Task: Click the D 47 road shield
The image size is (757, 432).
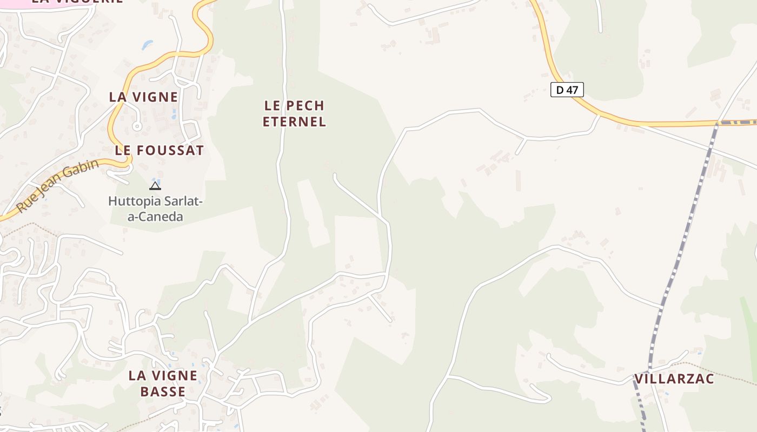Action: [567, 90]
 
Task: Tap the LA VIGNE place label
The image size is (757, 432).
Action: [143, 97]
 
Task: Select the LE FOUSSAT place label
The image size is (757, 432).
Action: [160, 151]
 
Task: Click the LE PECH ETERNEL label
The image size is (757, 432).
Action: [294, 113]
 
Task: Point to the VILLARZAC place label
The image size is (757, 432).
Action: [674, 379]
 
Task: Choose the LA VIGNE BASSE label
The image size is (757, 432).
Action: [163, 383]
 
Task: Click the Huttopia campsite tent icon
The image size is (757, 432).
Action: [155, 186]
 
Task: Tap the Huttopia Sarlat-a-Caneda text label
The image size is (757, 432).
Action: [155, 209]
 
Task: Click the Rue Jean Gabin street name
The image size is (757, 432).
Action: [57, 186]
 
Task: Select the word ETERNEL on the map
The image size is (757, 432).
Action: [294, 122]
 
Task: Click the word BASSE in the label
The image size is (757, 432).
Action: [163, 392]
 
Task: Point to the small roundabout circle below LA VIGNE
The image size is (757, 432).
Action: [137, 126]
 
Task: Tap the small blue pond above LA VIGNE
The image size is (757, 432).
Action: [147, 45]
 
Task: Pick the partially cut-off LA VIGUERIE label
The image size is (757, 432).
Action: [77, 2]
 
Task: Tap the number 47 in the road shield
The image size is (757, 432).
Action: [572, 90]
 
